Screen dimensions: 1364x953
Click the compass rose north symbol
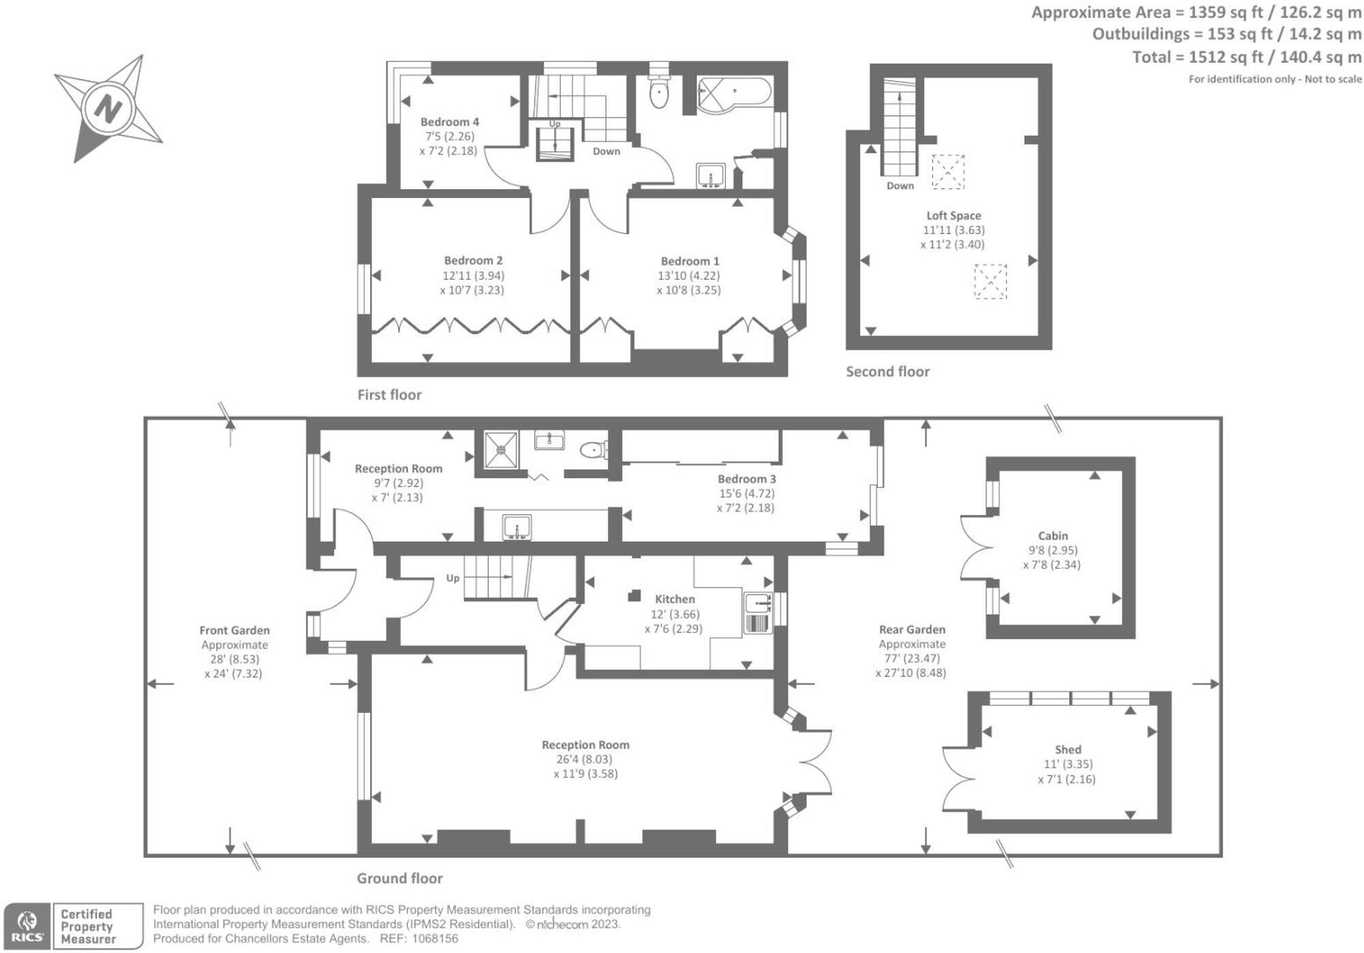point(108,109)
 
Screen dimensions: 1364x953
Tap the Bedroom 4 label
point(449,122)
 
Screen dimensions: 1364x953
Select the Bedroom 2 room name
point(473,261)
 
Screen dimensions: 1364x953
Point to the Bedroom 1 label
point(690,261)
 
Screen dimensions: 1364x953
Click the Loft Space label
point(953,216)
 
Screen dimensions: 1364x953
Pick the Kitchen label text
point(674,599)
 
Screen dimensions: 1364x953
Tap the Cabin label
point(1053,536)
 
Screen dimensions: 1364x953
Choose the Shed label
point(1068,750)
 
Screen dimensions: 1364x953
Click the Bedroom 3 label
point(746,479)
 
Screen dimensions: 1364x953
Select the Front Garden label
point(235,630)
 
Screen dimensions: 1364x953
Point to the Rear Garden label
point(912,630)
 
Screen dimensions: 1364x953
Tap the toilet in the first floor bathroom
point(659,93)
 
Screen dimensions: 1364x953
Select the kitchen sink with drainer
point(757,613)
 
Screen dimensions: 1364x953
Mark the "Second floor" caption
point(887,372)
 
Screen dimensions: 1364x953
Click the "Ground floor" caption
point(400,879)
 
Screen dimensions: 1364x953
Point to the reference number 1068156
point(433,939)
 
